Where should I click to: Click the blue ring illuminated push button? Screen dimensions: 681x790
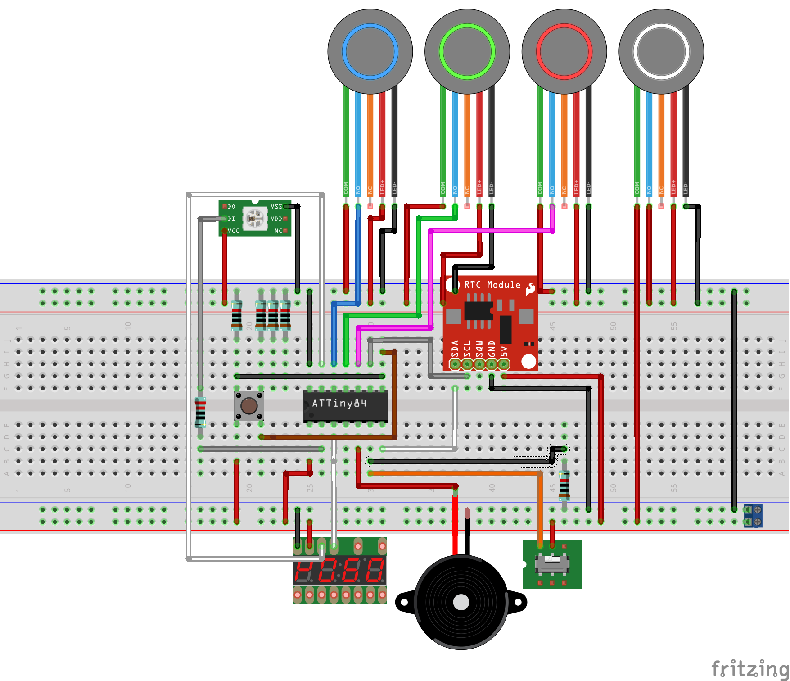pos(370,51)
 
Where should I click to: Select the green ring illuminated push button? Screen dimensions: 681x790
pos(467,51)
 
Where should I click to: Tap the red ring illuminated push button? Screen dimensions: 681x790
pos(564,51)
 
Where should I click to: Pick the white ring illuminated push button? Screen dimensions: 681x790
pos(661,51)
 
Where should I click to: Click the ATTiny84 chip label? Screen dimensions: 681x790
pos(339,403)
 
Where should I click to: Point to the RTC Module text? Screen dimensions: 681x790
pos(492,285)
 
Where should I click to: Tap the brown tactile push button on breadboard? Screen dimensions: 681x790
pos(249,406)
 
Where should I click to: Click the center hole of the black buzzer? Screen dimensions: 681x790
pos(460,602)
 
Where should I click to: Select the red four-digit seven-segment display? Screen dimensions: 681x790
pos(339,570)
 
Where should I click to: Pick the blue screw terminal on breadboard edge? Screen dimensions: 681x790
pos(754,516)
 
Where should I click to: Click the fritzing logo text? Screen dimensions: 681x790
pos(749,668)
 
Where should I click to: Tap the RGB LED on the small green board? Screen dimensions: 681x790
pos(255,218)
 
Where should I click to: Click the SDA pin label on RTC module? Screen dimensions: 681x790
pos(455,348)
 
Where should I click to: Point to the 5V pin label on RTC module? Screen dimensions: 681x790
pos(504,351)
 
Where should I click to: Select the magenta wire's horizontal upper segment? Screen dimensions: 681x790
pos(491,231)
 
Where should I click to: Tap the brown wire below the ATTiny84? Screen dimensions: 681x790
pos(329,437)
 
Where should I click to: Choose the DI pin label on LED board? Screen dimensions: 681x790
pos(231,218)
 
